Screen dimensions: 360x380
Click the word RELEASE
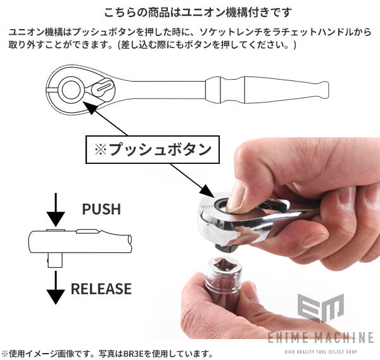[101, 289]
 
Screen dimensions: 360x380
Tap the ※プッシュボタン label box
[152, 150]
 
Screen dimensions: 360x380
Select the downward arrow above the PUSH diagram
[56, 209]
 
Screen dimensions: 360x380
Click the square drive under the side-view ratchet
[56, 259]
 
